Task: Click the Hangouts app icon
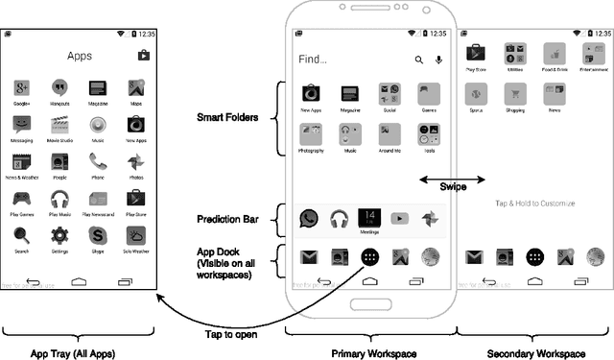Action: pos(59,88)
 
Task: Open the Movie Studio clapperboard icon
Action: pos(59,124)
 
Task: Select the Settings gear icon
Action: pos(59,234)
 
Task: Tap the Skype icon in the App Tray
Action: pos(97,234)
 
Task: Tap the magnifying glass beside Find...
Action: pos(419,60)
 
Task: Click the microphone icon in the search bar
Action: pos(438,60)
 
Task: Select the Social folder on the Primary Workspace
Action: pos(389,93)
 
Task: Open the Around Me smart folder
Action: pos(389,134)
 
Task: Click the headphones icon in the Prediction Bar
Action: pos(338,219)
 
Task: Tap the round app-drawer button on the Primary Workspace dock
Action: pos(369,256)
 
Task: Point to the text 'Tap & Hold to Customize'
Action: pos(534,204)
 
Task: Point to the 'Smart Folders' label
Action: pos(226,117)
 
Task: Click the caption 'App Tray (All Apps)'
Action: pos(73,353)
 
